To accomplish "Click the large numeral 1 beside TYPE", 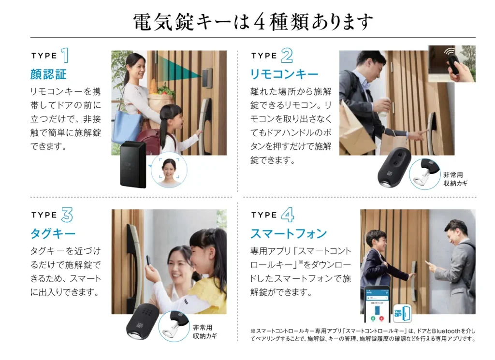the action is pos(65,55).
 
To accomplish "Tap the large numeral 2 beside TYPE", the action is pos(287,56).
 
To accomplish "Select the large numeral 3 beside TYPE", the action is pos(67,215).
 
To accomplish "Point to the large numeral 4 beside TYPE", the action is pos(287,215).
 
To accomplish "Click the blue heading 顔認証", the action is pos(48,74).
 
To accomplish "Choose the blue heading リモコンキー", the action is pos(284,74).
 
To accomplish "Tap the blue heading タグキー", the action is pos(53,234).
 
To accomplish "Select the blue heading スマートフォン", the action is pos(289,234).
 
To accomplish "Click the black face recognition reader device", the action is pos(133,164).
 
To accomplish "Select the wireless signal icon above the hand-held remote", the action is pos(450,51).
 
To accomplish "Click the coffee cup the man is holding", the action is pos(383,106).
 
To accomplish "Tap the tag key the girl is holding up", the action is pos(148,261).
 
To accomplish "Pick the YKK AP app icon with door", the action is pos(402,313).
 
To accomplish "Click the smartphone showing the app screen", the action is pos(377,304).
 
